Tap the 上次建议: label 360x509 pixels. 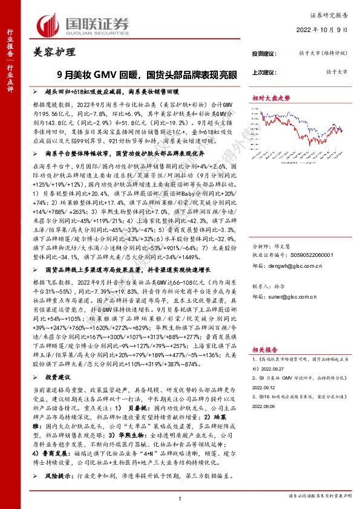click(x=264, y=72)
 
